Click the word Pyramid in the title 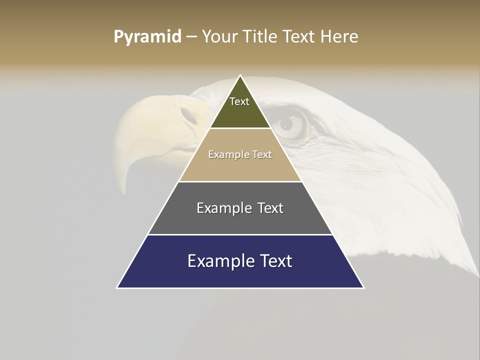(x=147, y=37)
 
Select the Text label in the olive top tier (x=239, y=101)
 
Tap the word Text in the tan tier (x=262, y=154)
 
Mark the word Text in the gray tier (x=270, y=208)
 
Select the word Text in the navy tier (x=276, y=261)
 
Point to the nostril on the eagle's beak (x=189, y=115)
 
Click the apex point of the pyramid (x=240, y=75)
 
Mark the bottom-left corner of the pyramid (x=117, y=288)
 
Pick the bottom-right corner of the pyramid (x=363, y=288)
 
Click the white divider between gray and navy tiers (x=240, y=234)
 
